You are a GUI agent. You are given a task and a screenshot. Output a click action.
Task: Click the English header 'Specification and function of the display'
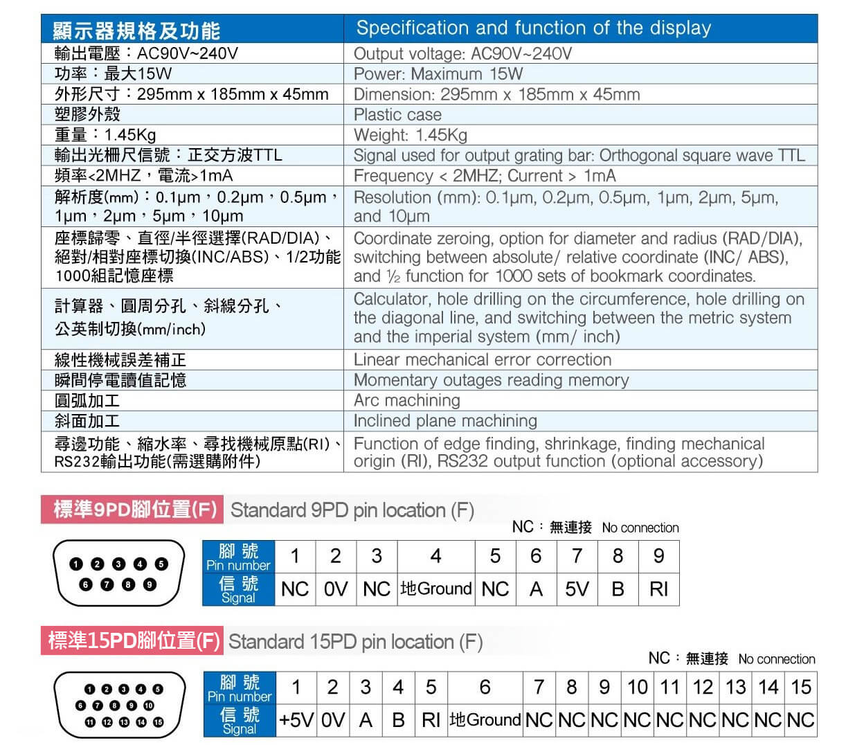pos(533,28)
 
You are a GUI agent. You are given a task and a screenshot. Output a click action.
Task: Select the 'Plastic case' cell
pos(397,115)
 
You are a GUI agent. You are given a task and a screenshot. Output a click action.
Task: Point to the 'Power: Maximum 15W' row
pos(438,74)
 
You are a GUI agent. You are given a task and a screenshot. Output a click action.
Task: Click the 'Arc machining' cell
pos(406,400)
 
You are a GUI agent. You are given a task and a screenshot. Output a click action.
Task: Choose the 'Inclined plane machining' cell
pos(444,421)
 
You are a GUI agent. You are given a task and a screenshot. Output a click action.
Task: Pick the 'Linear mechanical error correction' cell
pos(482,360)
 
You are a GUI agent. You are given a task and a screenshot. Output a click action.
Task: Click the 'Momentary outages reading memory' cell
pos(491,380)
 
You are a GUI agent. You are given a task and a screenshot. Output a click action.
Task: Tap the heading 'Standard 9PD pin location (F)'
pos(352,511)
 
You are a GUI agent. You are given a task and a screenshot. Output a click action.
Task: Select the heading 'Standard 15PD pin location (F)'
pos(355,642)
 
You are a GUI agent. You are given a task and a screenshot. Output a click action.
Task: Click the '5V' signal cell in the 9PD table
pos(576,589)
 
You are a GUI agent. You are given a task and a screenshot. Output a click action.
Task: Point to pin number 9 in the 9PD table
pos(658,556)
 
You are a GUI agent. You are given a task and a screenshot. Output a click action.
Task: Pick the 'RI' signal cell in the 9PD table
pos(658,589)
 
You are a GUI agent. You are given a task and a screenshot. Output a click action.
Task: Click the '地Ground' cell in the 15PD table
pos(485,720)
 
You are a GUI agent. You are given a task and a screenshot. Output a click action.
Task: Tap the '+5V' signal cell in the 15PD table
pos(296,720)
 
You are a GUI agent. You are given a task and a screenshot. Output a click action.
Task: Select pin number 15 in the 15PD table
pos(801,687)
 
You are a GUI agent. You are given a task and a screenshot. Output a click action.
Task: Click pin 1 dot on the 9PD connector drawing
pos(75,564)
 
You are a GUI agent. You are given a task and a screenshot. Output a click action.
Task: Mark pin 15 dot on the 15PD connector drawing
pos(158,722)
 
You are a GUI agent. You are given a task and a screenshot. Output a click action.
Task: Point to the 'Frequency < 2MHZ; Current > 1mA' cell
pos(484,176)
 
